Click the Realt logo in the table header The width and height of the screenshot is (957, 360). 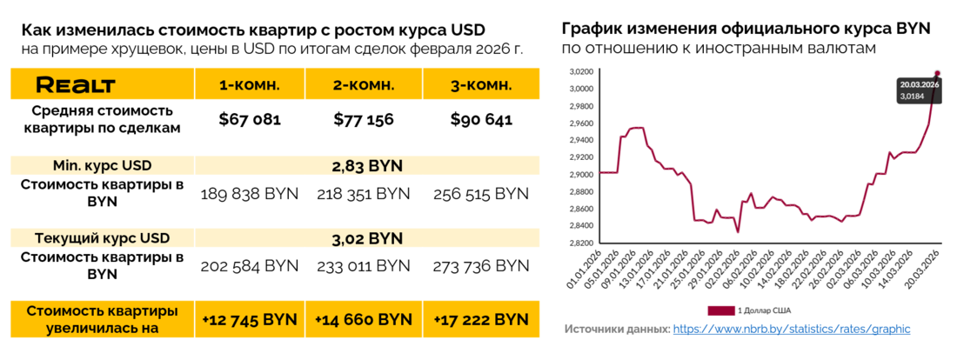tap(75, 84)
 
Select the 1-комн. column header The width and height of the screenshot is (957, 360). tap(250, 84)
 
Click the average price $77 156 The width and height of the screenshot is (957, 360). tap(365, 120)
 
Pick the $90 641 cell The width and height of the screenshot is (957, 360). tap(481, 120)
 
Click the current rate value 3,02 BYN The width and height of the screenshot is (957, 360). tap(367, 237)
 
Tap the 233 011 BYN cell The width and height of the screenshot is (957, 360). tap(365, 265)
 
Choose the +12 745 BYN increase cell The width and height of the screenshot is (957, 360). tap(250, 319)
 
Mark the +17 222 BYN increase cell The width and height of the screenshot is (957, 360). tap(481, 319)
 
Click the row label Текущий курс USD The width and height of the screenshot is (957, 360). tap(103, 237)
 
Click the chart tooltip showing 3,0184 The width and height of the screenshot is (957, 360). tap(918, 90)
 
